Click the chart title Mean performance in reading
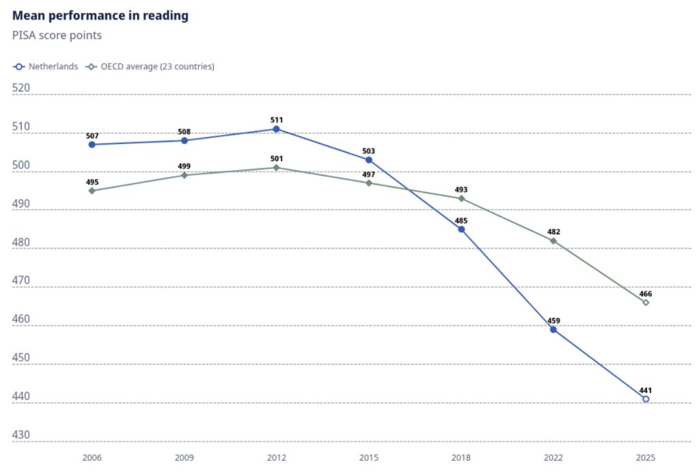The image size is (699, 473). click(100, 16)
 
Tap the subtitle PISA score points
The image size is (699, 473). click(57, 35)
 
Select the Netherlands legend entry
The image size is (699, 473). click(46, 66)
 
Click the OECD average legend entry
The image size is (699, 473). click(150, 66)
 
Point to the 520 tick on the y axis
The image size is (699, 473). click(21, 88)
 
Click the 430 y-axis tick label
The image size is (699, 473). click(21, 435)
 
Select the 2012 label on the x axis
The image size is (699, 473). click(277, 457)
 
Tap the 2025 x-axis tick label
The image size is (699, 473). click(646, 457)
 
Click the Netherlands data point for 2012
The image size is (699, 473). click(277, 129)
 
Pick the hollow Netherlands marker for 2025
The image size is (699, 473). click(646, 399)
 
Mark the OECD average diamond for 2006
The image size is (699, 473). click(92, 190)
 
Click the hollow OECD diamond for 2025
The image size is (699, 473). click(646, 302)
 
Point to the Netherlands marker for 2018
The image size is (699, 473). click(461, 229)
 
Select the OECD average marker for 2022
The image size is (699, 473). click(553, 241)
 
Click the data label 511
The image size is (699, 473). click(277, 120)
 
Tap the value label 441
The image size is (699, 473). click(646, 390)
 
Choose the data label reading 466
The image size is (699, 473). click(646, 294)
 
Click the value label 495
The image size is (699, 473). click(92, 182)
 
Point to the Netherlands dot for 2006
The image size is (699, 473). click(92, 144)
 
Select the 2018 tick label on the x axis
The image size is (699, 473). click(461, 457)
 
